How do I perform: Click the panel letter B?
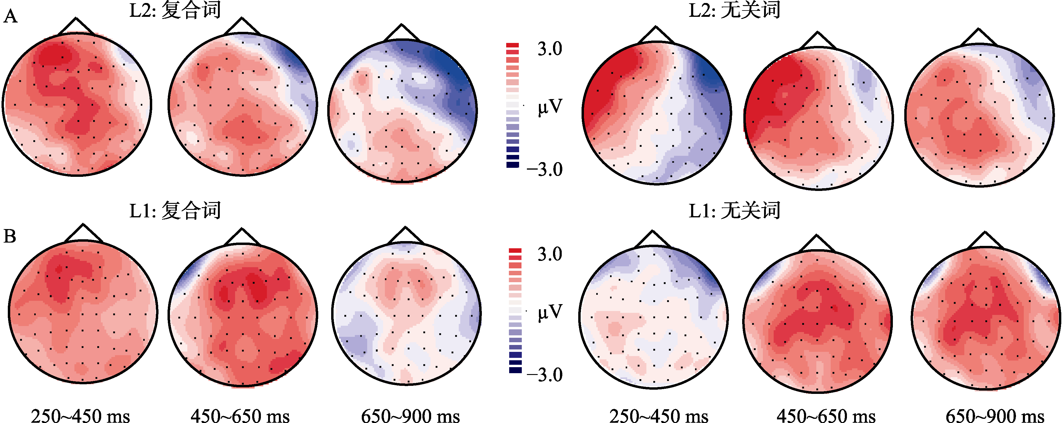(x=10, y=236)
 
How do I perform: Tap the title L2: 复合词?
(x=175, y=10)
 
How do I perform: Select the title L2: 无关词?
(x=734, y=10)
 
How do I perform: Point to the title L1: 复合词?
(x=175, y=211)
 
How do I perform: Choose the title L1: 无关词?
(x=734, y=211)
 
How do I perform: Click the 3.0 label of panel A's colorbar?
(x=549, y=49)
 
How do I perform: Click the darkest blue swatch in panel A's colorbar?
(x=512, y=165)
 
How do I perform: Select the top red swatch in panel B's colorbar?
(x=515, y=250)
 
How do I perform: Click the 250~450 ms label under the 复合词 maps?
(x=80, y=415)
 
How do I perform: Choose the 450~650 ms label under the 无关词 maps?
(x=826, y=415)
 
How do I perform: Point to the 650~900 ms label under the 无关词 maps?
(x=995, y=415)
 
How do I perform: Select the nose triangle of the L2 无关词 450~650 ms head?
(x=818, y=41)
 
